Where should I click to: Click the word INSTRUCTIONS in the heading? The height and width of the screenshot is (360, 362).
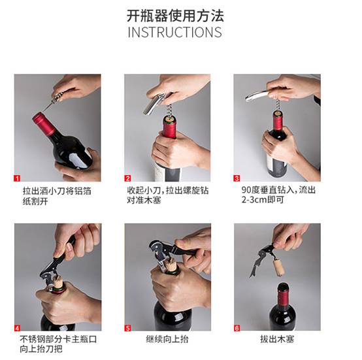tap(174, 32)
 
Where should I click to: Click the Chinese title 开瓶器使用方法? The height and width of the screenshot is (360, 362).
tap(175, 16)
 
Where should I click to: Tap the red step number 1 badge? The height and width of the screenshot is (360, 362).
tap(17, 178)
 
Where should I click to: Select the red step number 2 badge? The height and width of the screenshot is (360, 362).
tap(127, 178)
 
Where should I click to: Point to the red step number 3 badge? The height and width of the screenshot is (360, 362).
tap(237, 178)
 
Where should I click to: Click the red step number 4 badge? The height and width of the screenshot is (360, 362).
tap(17, 328)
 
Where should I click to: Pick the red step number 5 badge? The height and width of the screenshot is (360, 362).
tap(127, 328)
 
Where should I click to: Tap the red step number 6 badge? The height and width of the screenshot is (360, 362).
tap(237, 328)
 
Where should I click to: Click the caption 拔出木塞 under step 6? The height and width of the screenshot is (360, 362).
tap(277, 339)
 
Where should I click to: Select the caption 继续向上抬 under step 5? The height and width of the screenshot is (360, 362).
tap(167, 339)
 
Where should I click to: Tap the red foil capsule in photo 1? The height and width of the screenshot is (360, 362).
tap(44, 123)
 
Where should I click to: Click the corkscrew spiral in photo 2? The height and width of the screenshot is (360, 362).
tap(170, 110)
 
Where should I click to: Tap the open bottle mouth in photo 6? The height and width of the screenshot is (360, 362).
tap(283, 286)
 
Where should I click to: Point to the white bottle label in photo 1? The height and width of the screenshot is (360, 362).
tap(78, 159)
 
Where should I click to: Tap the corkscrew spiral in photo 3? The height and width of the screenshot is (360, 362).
tap(278, 106)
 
